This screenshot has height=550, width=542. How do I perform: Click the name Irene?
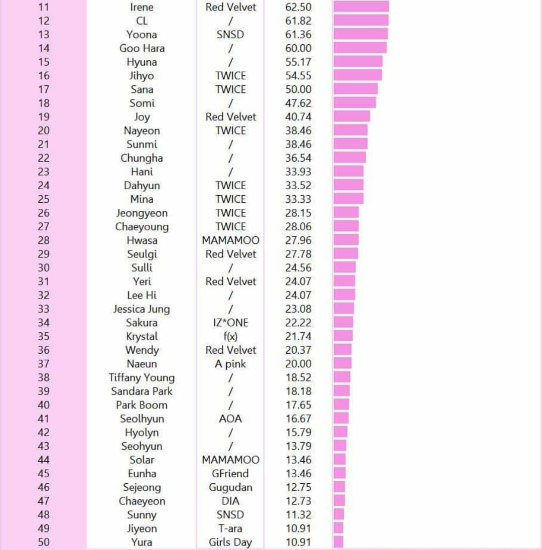tap(142, 7)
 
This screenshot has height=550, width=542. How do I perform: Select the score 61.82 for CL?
tap(298, 21)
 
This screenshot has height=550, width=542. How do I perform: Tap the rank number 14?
tap(44, 48)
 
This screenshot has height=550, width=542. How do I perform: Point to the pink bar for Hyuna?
tap(358, 62)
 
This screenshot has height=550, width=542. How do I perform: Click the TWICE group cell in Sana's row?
tap(230, 89)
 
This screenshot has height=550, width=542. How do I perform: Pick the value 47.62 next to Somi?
tap(298, 103)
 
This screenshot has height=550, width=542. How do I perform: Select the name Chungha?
tap(142, 158)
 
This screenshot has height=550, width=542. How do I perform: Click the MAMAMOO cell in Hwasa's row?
tap(230, 240)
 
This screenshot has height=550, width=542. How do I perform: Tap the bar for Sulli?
tap(344, 267)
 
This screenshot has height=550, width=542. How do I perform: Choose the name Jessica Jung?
tap(142, 309)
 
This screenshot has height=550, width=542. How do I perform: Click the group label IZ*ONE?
tap(230, 323)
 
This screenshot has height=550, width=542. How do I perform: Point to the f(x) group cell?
tap(230, 336)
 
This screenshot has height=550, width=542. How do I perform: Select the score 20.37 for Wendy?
tap(298, 350)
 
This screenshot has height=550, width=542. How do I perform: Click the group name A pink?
tap(230, 364)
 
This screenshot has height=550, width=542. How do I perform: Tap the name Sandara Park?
tap(142, 391)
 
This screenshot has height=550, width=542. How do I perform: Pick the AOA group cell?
tap(230, 419)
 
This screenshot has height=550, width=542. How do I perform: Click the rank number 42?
tap(44, 433)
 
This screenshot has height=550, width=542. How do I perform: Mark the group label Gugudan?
tap(230, 487)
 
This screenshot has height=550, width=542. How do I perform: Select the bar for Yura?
tap(338, 542)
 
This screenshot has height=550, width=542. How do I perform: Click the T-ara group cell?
tap(230, 528)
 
